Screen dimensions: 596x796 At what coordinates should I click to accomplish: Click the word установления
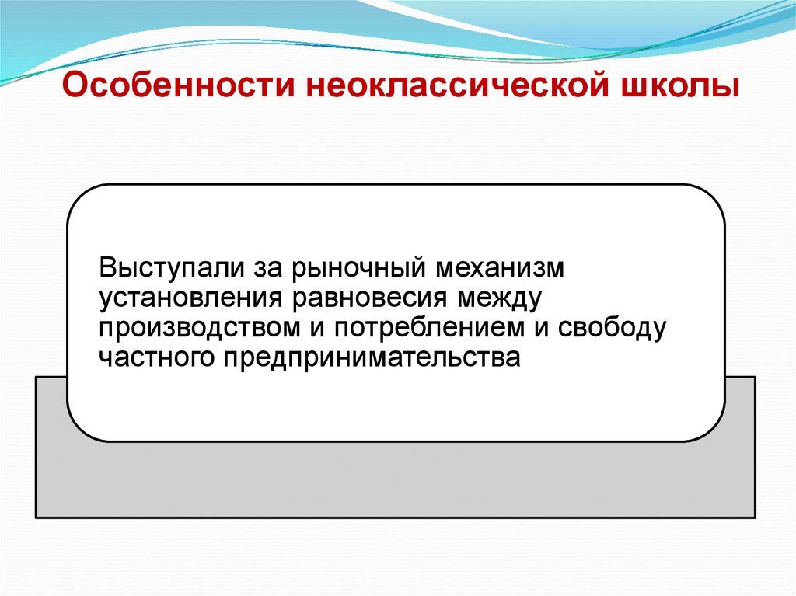pyautogui.click(x=190, y=299)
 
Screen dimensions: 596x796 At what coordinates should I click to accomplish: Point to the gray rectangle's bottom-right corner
pyautogui.click(x=754, y=517)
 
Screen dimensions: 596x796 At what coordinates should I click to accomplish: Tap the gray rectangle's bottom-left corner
pyautogui.click(x=37, y=517)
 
